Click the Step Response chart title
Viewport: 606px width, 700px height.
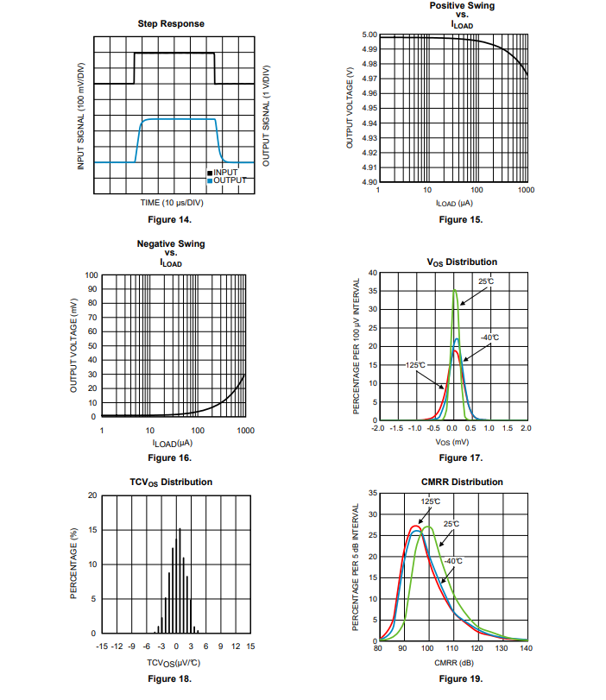pyautogui.click(x=171, y=23)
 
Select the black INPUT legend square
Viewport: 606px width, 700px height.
pyautogui.click(x=209, y=173)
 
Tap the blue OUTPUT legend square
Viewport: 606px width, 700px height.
pyautogui.click(x=209, y=180)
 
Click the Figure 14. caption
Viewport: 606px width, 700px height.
pyautogui.click(x=171, y=219)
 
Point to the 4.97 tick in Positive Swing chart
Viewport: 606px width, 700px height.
pyautogui.click(x=368, y=79)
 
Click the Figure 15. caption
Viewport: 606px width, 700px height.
pyautogui.click(x=461, y=219)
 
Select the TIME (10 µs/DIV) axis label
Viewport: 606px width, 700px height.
pyautogui.click(x=172, y=203)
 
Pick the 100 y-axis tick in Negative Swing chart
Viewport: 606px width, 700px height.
pyautogui.click(x=91, y=275)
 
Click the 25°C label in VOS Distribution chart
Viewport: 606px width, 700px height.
pyautogui.click(x=486, y=281)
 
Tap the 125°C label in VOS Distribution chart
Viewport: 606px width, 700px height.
pyautogui.click(x=416, y=365)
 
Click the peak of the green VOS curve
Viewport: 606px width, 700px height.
pyautogui.click(x=455, y=290)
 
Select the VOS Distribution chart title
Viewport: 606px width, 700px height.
pyautogui.click(x=462, y=262)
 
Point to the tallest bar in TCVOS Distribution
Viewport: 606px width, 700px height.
pyautogui.click(x=180, y=529)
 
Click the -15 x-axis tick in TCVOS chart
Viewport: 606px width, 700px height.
pyautogui.click(x=102, y=646)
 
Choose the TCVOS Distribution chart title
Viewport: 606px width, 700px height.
pyautogui.click(x=171, y=482)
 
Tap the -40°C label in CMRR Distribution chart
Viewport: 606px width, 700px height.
pyautogui.click(x=455, y=561)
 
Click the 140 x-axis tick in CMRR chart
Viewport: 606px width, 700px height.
pyautogui.click(x=527, y=648)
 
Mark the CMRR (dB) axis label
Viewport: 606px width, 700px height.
pyautogui.click(x=452, y=662)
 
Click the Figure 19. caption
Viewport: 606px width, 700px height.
pyautogui.click(x=461, y=678)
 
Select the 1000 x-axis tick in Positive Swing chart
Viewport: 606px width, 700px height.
pyautogui.click(x=526, y=190)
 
